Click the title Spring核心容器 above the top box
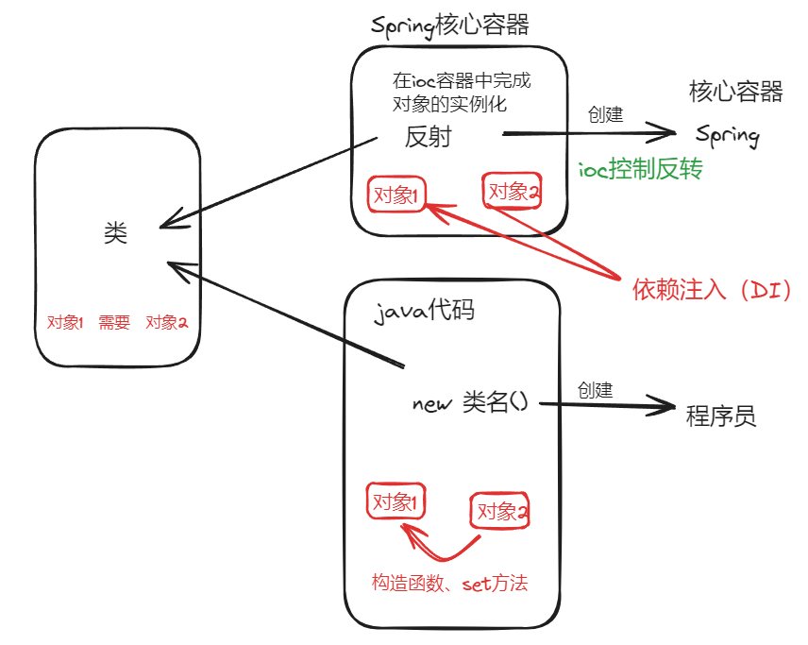[450, 26]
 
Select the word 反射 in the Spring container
[428, 137]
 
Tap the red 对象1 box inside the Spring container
[397, 195]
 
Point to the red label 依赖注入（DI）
[711, 291]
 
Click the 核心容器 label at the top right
[736, 92]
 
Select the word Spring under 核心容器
[728, 135]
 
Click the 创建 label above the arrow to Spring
[605, 114]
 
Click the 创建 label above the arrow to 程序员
[595, 389]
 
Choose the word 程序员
[721, 416]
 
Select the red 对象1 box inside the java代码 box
[396, 501]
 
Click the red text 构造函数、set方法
[449, 584]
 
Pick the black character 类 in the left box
[115, 233]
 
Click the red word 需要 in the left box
[114, 322]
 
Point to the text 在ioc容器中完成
[462, 80]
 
